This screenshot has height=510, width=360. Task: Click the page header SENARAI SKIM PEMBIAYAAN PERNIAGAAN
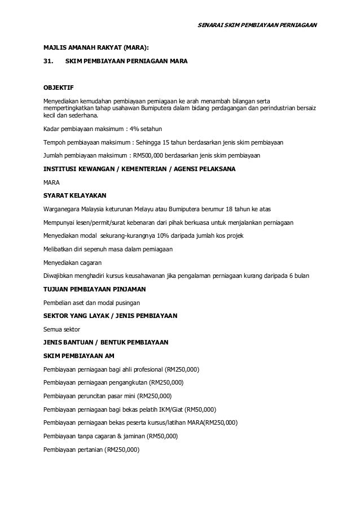click(x=260, y=25)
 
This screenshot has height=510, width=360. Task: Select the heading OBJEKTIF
click(x=59, y=88)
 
